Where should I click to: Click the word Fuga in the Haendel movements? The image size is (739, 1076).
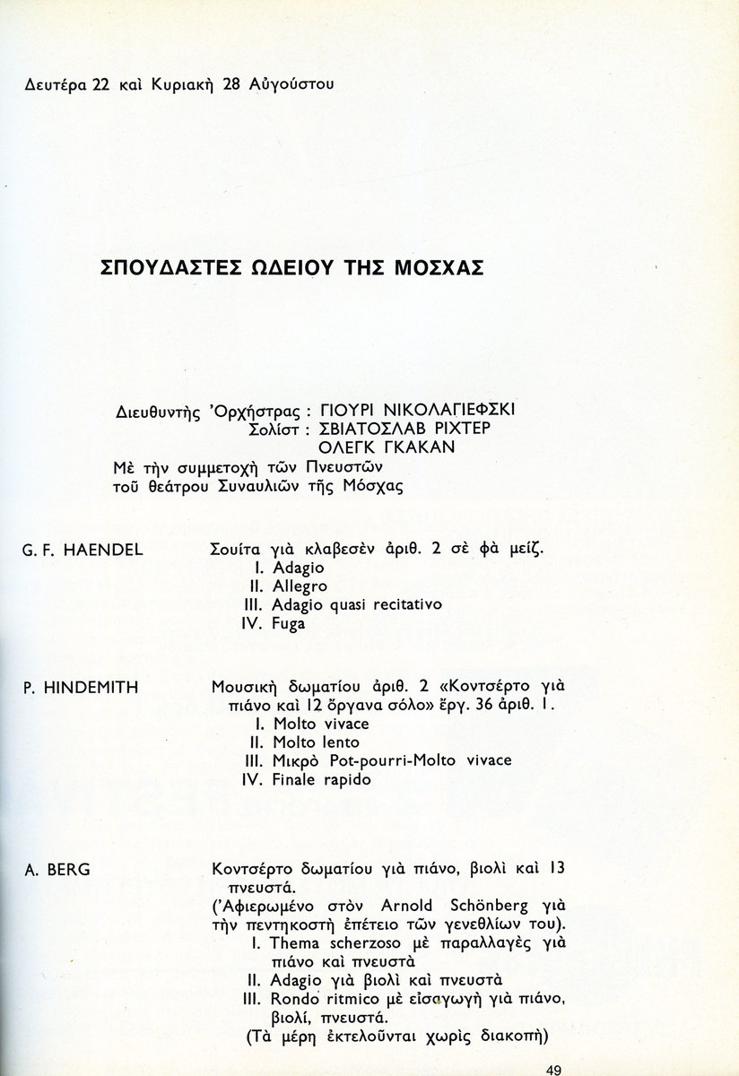pyautogui.click(x=288, y=623)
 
